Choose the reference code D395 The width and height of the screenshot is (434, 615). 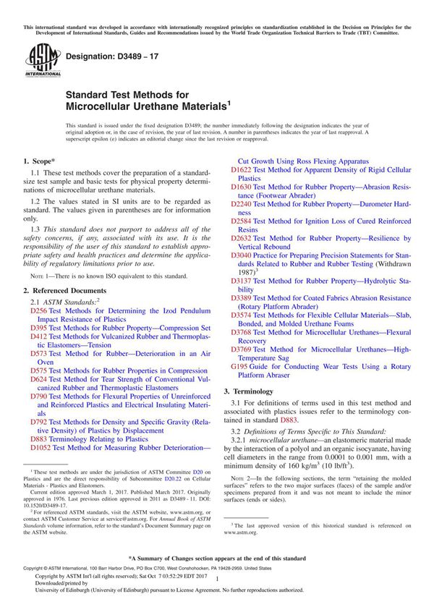(x=39, y=326)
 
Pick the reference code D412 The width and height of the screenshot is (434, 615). (x=39, y=336)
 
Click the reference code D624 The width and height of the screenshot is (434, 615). (x=39, y=378)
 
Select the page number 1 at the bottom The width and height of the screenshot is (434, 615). (x=216, y=590)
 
